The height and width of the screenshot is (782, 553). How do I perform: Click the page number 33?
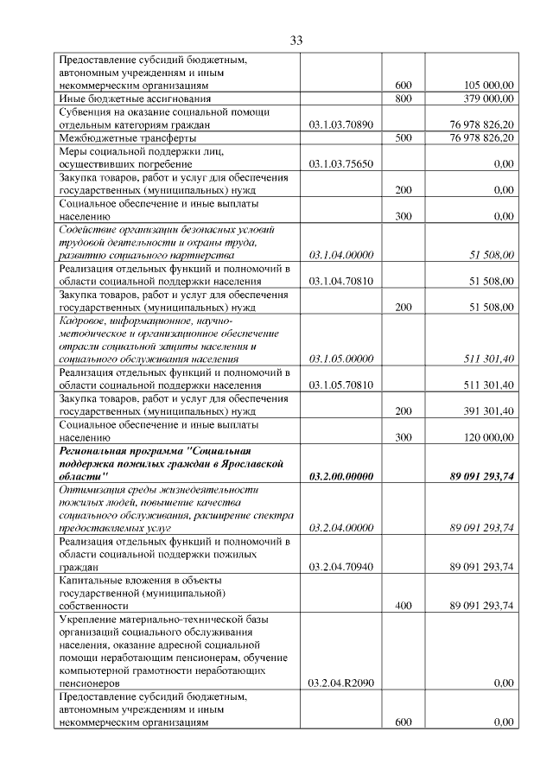pos(296,41)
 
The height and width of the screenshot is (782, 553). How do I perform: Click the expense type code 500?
pos(403,138)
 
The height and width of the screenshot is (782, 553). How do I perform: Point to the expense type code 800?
pos(403,99)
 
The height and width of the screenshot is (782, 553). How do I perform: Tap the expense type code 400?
pos(403,606)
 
